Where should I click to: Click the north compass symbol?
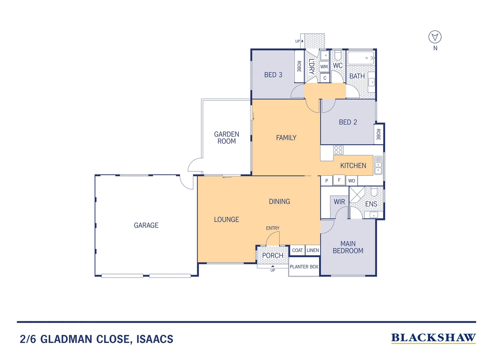pyautogui.click(x=435, y=37)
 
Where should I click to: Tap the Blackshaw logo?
pyautogui.click(x=433, y=338)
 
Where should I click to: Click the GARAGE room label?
pyautogui.click(x=146, y=225)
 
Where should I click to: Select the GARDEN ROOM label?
pyautogui.click(x=227, y=138)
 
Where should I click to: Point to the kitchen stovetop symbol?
pyautogui.click(x=338, y=150)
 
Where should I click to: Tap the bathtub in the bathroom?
pyautogui.click(x=361, y=58)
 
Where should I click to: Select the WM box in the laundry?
pyautogui.click(x=324, y=67)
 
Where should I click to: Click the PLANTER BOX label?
pyautogui.click(x=304, y=267)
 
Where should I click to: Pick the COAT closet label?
pyautogui.click(x=297, y=250)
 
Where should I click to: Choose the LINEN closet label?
pyautogui.click(x=313, y=250)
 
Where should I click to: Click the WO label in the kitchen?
pyautogui.click(x=351, y=181)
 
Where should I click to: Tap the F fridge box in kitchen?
pyautogui.click(x=339, y=180)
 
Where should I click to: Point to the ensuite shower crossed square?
pyautogui.click(x=357, y=194)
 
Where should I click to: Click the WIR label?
pyautogui.click(x=339, y=202)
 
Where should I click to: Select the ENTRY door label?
pyautogui.click(x=272, y=228)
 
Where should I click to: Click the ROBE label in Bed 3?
pyautogui.click(x=299, y=66)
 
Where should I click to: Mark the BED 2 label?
pyautogui.click(x=348, y=122)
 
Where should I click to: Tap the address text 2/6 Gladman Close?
pyautogui.click(x=97, y=339)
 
